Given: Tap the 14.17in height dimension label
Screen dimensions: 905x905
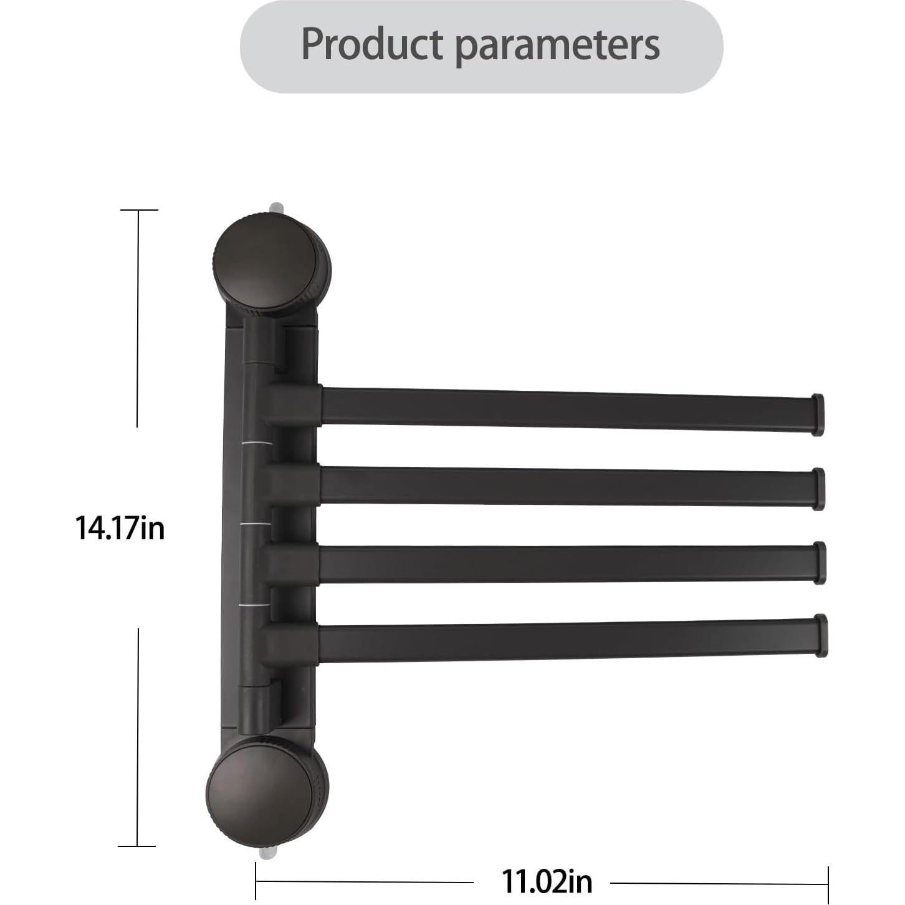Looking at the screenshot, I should pyautogui.click(x=120, y=528).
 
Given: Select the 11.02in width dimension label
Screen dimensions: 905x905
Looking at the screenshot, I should pyautogui.click(x=547, y=881).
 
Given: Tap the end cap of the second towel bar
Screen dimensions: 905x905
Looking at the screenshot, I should pyautogui.click(x=818, y=489).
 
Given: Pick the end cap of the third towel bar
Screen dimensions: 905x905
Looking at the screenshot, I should pyautogui.click(x=820, y=563).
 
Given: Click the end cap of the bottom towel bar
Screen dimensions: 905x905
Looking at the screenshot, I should pyautogui.click(x=821, y=635).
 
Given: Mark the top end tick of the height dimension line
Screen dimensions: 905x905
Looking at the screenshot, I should pyautogui.click(x=138, y=211).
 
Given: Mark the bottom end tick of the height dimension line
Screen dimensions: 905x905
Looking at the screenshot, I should pyautogui.click(x=136, y=846).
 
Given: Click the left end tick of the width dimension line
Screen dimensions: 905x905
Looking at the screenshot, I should pyautogui.click(x=256, y=881).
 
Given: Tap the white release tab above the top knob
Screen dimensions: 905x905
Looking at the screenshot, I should pyautogui.click(x=275, y=207).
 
